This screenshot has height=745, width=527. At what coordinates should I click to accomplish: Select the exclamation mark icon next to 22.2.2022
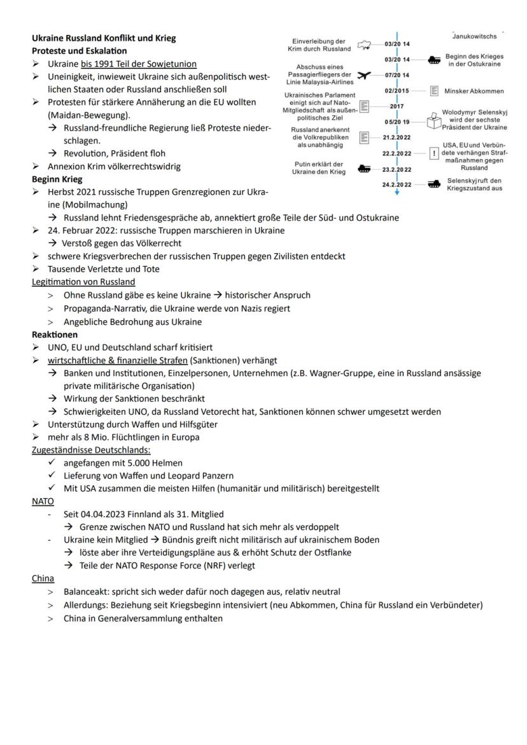434,153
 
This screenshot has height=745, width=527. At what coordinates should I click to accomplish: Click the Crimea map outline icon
365,45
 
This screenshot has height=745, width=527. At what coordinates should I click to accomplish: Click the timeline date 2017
397,106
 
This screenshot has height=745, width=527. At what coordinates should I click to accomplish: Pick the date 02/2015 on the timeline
397,91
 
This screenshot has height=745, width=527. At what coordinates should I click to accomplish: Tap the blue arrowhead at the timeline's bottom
397,191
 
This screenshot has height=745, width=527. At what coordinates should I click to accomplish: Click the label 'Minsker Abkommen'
474,91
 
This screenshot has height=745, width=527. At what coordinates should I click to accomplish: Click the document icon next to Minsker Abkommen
435,91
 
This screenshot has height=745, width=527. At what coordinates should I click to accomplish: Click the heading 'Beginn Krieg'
53,179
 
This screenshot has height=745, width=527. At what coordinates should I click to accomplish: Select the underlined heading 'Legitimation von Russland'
83,282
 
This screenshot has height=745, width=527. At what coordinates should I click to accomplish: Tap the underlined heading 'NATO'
43,501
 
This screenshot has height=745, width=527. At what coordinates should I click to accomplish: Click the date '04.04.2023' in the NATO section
106,514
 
